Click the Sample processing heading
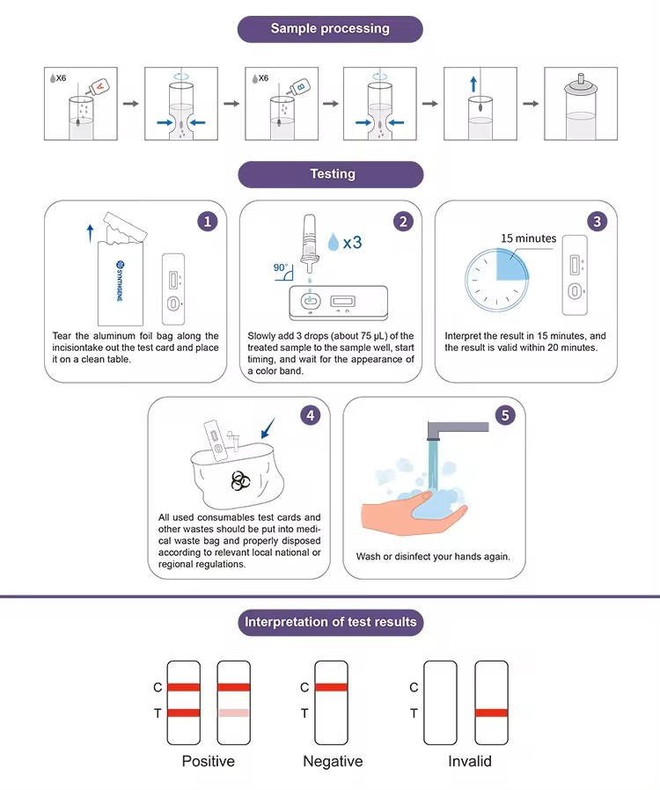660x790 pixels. (330, 29)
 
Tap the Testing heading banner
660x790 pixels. (330, 174)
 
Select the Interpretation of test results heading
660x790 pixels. (330, 622)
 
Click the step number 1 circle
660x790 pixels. (208, 222)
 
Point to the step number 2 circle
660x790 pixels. (403, 222)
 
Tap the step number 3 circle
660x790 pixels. (598, 222)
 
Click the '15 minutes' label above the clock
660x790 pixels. (528, 238)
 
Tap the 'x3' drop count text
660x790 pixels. (351, 241)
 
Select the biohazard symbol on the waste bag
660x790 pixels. (239, 479)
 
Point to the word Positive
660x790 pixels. (208, 761)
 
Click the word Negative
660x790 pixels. (333, 761)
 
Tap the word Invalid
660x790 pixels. (469, 761)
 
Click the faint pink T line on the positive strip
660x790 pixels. (234, 713)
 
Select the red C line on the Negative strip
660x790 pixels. (332, 687)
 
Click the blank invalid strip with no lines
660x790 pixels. (440, 702)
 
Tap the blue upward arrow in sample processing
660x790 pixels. (473, 84)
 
